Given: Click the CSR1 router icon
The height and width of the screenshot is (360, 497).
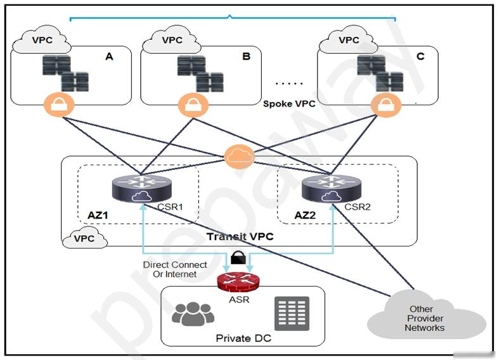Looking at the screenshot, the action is click(142, 188).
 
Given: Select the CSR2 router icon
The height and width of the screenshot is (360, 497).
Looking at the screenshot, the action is click(331, 188).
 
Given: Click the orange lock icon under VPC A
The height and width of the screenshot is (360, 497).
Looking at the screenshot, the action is click(59, 105).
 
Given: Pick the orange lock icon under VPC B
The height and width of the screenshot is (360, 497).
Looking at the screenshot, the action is click(193, 105).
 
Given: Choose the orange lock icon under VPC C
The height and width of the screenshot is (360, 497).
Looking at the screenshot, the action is click(385, 105).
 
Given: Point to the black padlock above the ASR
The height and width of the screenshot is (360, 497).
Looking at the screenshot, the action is click(238, 257).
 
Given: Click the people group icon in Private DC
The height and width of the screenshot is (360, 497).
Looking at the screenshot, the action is click(193, 314).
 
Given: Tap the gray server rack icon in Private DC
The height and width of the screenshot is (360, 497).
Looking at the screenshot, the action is click(292, 313).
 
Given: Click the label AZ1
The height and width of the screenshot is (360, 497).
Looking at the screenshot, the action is click(98, 215).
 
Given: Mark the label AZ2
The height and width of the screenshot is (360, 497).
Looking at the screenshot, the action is click(305, 215).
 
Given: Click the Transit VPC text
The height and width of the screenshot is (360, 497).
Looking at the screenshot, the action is click(240, 237).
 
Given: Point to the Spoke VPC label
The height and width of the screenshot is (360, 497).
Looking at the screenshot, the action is click(289, 104).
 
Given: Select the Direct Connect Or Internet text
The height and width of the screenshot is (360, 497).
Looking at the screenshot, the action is click(175, 269).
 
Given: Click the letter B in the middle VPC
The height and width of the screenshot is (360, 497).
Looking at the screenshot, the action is click(246, 56).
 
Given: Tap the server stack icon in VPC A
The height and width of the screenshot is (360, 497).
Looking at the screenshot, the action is click(66, 73).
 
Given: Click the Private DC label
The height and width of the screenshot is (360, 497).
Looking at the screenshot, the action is click(243, 338).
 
